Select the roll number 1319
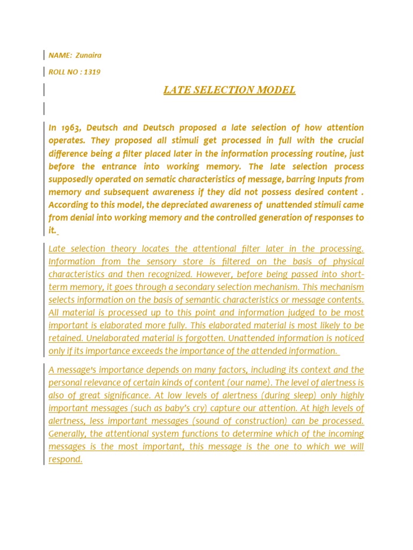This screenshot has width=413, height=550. point(91,71)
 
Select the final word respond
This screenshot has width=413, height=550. point(65,460)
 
